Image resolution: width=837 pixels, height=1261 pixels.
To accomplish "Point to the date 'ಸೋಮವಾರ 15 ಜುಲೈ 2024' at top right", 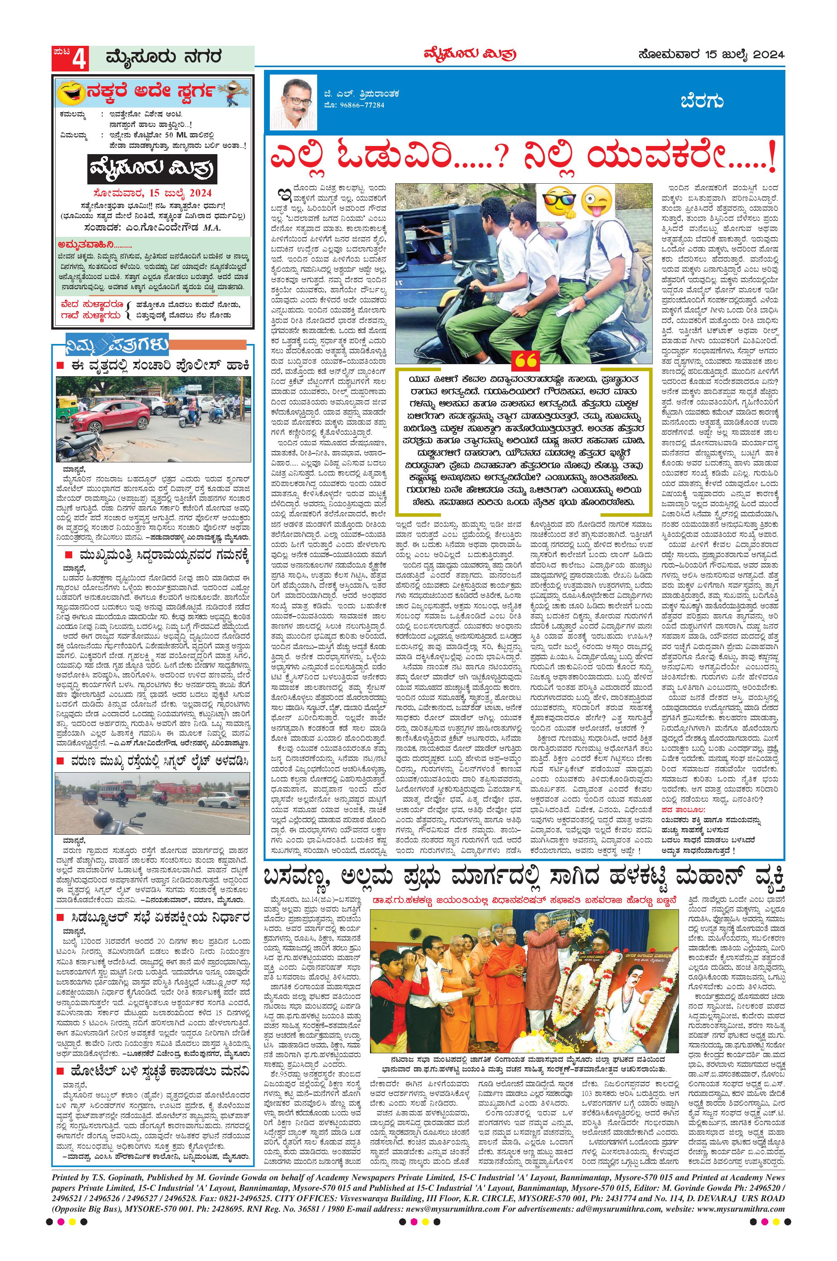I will [x=710, y=54].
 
